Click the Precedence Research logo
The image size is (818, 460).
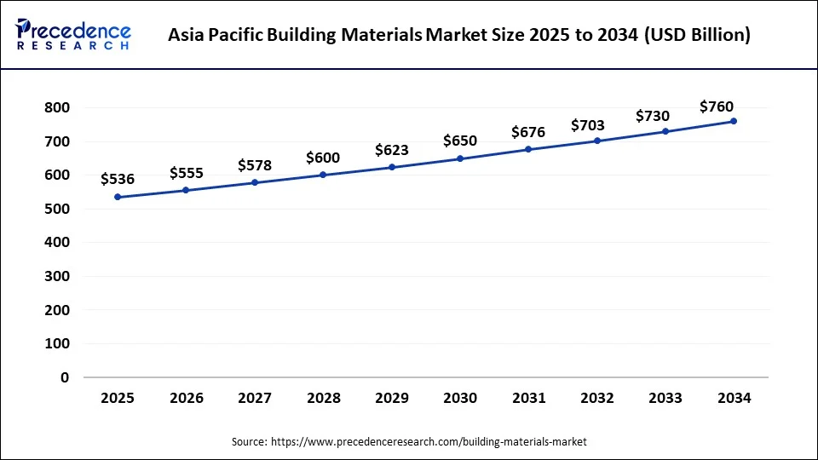point(73,35)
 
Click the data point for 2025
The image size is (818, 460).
point(118,197)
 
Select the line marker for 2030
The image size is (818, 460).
point(460,158)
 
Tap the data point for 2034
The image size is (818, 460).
point(734,121)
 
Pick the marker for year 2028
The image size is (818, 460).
point(323,175)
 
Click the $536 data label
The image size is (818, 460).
point(118,179)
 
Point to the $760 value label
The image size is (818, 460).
point(717,106)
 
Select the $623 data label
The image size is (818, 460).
point(392,150)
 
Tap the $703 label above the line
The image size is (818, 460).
point(588,125)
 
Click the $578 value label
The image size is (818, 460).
point(255,164)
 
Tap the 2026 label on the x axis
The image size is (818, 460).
point(186,399)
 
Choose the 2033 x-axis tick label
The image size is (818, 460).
point(665,399)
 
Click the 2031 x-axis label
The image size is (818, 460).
point(528,399)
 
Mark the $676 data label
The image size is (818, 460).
point(528,132)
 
